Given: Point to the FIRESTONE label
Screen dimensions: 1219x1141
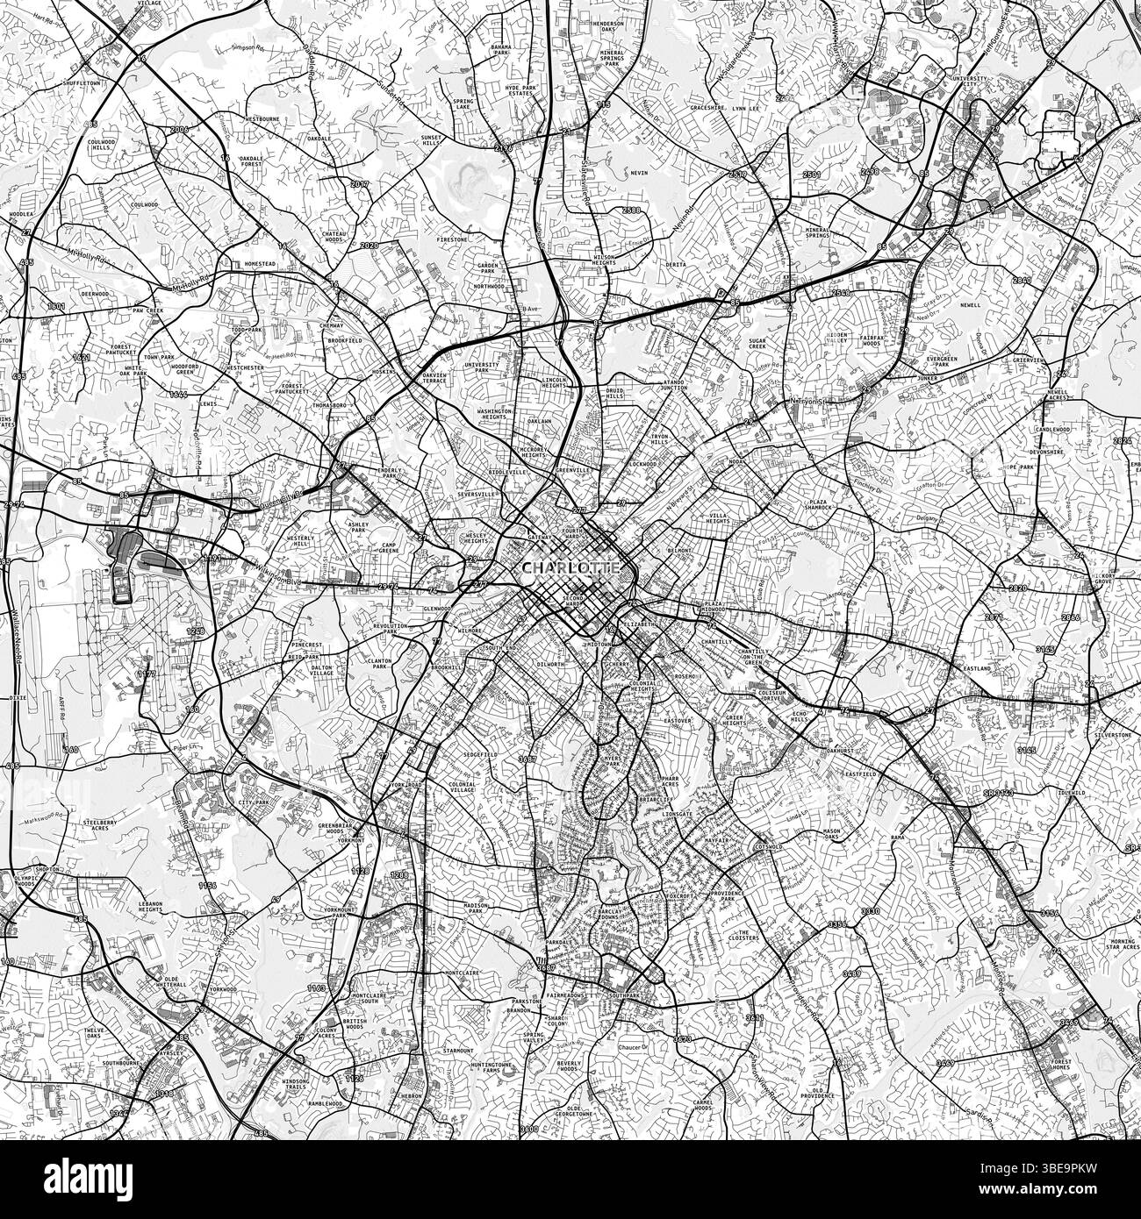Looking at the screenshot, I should (454, 239).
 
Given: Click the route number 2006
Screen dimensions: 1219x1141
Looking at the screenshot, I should (179, 129).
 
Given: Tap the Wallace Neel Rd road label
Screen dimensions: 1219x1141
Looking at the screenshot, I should (15, 632).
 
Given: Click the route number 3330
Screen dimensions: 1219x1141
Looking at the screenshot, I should (870, 912).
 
